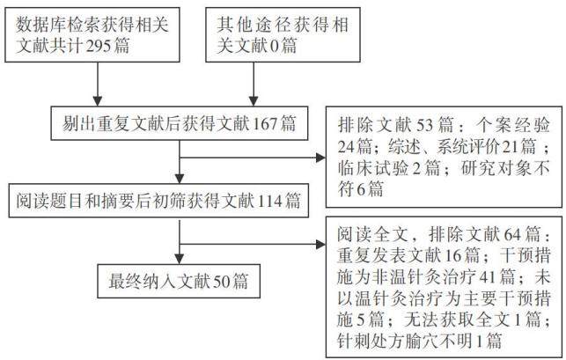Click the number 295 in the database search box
97,46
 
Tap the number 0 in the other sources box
275,46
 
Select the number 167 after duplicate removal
265,123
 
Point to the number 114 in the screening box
270,201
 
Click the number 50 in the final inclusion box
222,282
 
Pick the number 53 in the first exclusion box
425,125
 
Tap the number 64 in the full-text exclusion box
512,235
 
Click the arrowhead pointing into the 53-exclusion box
320,158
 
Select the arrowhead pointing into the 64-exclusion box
320,245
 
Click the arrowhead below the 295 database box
98,101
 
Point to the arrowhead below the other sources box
254,101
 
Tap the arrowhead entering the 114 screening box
180,179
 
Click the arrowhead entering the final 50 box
180,260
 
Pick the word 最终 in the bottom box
125,282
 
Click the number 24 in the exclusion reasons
346,146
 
